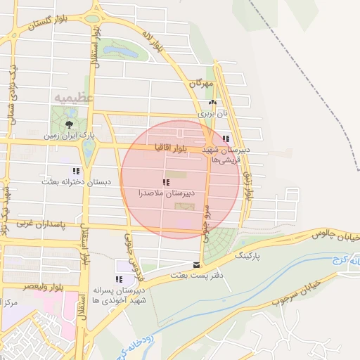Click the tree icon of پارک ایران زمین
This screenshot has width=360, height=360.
coord(68,124)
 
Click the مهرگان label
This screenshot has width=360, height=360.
coord(200,83)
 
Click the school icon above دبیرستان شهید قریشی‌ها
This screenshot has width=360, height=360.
coord(226,139)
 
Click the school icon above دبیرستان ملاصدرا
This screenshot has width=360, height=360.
coord(166,183)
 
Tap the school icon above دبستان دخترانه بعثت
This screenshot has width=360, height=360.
coord(76,171)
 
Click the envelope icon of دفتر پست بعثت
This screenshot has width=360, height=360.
coord(195,266)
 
